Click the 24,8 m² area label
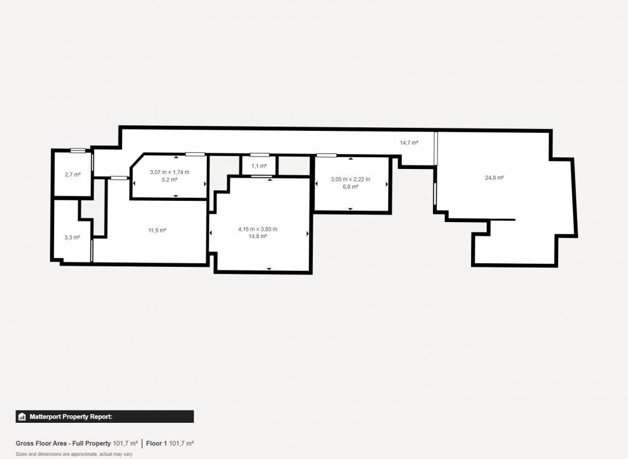click(494, 178)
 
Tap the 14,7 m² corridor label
click(409, 143)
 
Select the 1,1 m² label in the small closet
click(259, 167)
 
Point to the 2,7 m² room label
click(73, 175)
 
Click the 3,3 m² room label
click(72, 238)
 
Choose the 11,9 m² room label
click(157, 231)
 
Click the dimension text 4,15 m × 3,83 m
click(257, 229)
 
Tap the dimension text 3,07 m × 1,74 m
click(169, 172)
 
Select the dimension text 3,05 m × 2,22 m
click(350, 180)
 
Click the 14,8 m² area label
click(257, 236)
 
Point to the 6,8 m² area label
click(350, 186)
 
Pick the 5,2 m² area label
click(169, 180)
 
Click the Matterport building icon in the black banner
click(22, 417)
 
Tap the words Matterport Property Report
click(70, 417)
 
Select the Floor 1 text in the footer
click(156, 443)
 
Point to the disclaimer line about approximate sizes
click(74, 454)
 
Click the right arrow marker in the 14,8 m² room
click(308, 233)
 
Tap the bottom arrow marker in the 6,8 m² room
click(350, 209)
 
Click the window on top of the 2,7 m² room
click(78, 150)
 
